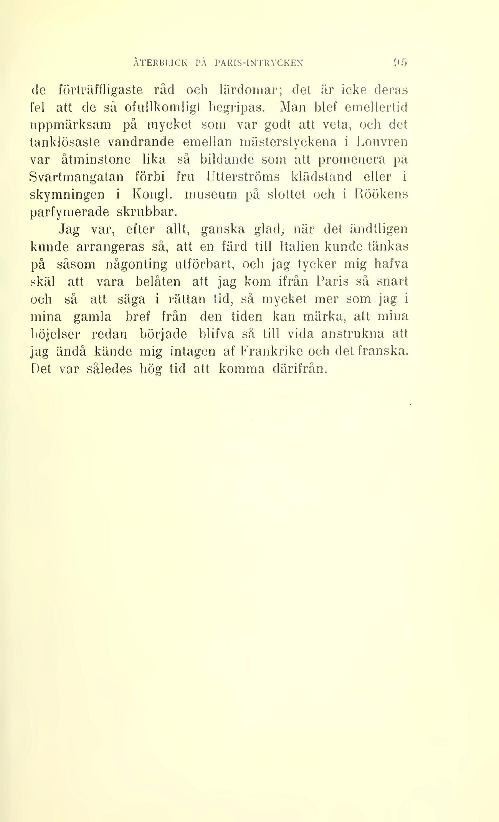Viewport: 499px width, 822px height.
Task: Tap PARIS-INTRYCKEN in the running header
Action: pyautogui.click(x=259, y=63)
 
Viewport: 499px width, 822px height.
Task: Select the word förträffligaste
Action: pyautogui.click(x=100, y=90)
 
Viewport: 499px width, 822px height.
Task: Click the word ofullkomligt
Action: pyautogui.click(x=161, y=108)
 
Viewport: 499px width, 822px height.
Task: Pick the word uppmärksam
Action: pyautogui.click(x=70, y=125)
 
